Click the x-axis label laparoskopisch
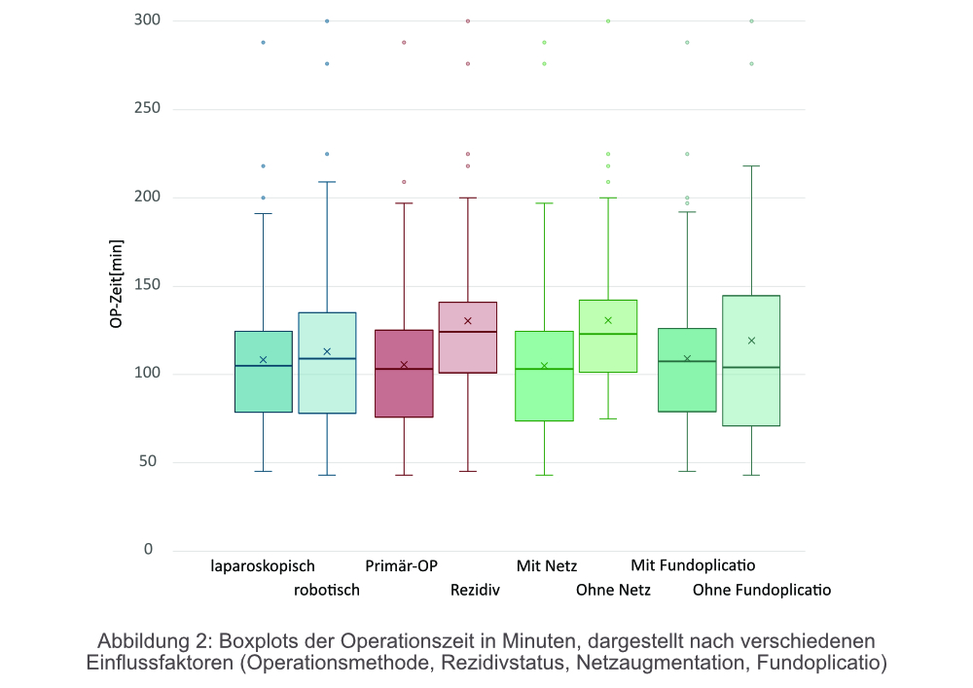click(263, 565)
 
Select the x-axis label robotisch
click(327, 590)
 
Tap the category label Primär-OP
click(402, 565)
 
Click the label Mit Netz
click(547, 565)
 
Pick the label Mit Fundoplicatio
click(693, 565)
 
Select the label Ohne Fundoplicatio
click(762, 590)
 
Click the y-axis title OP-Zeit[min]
click(117, 283)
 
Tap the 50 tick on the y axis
click(147, 462)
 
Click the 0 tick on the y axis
click(149, 551)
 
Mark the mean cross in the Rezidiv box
click(468, 320)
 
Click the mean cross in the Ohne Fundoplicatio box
click(751, 341)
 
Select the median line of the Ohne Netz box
click(608, 334)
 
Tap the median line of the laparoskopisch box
click(263, 366)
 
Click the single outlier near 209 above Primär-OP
click(404, 182)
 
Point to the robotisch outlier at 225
click(327, 154)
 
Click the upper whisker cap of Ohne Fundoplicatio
click(751, 165)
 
